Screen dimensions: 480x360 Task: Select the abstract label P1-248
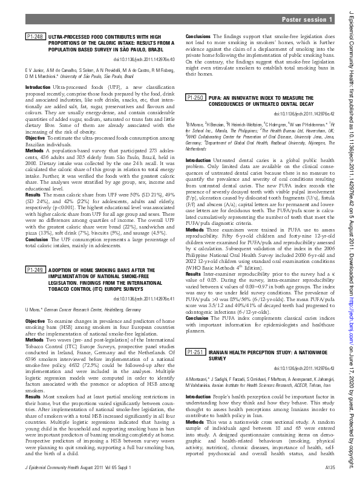[35, 37]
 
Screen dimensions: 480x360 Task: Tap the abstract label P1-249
[35, 270]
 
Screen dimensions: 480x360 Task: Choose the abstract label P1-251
[195, 352]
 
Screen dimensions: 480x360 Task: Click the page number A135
[329, 468]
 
